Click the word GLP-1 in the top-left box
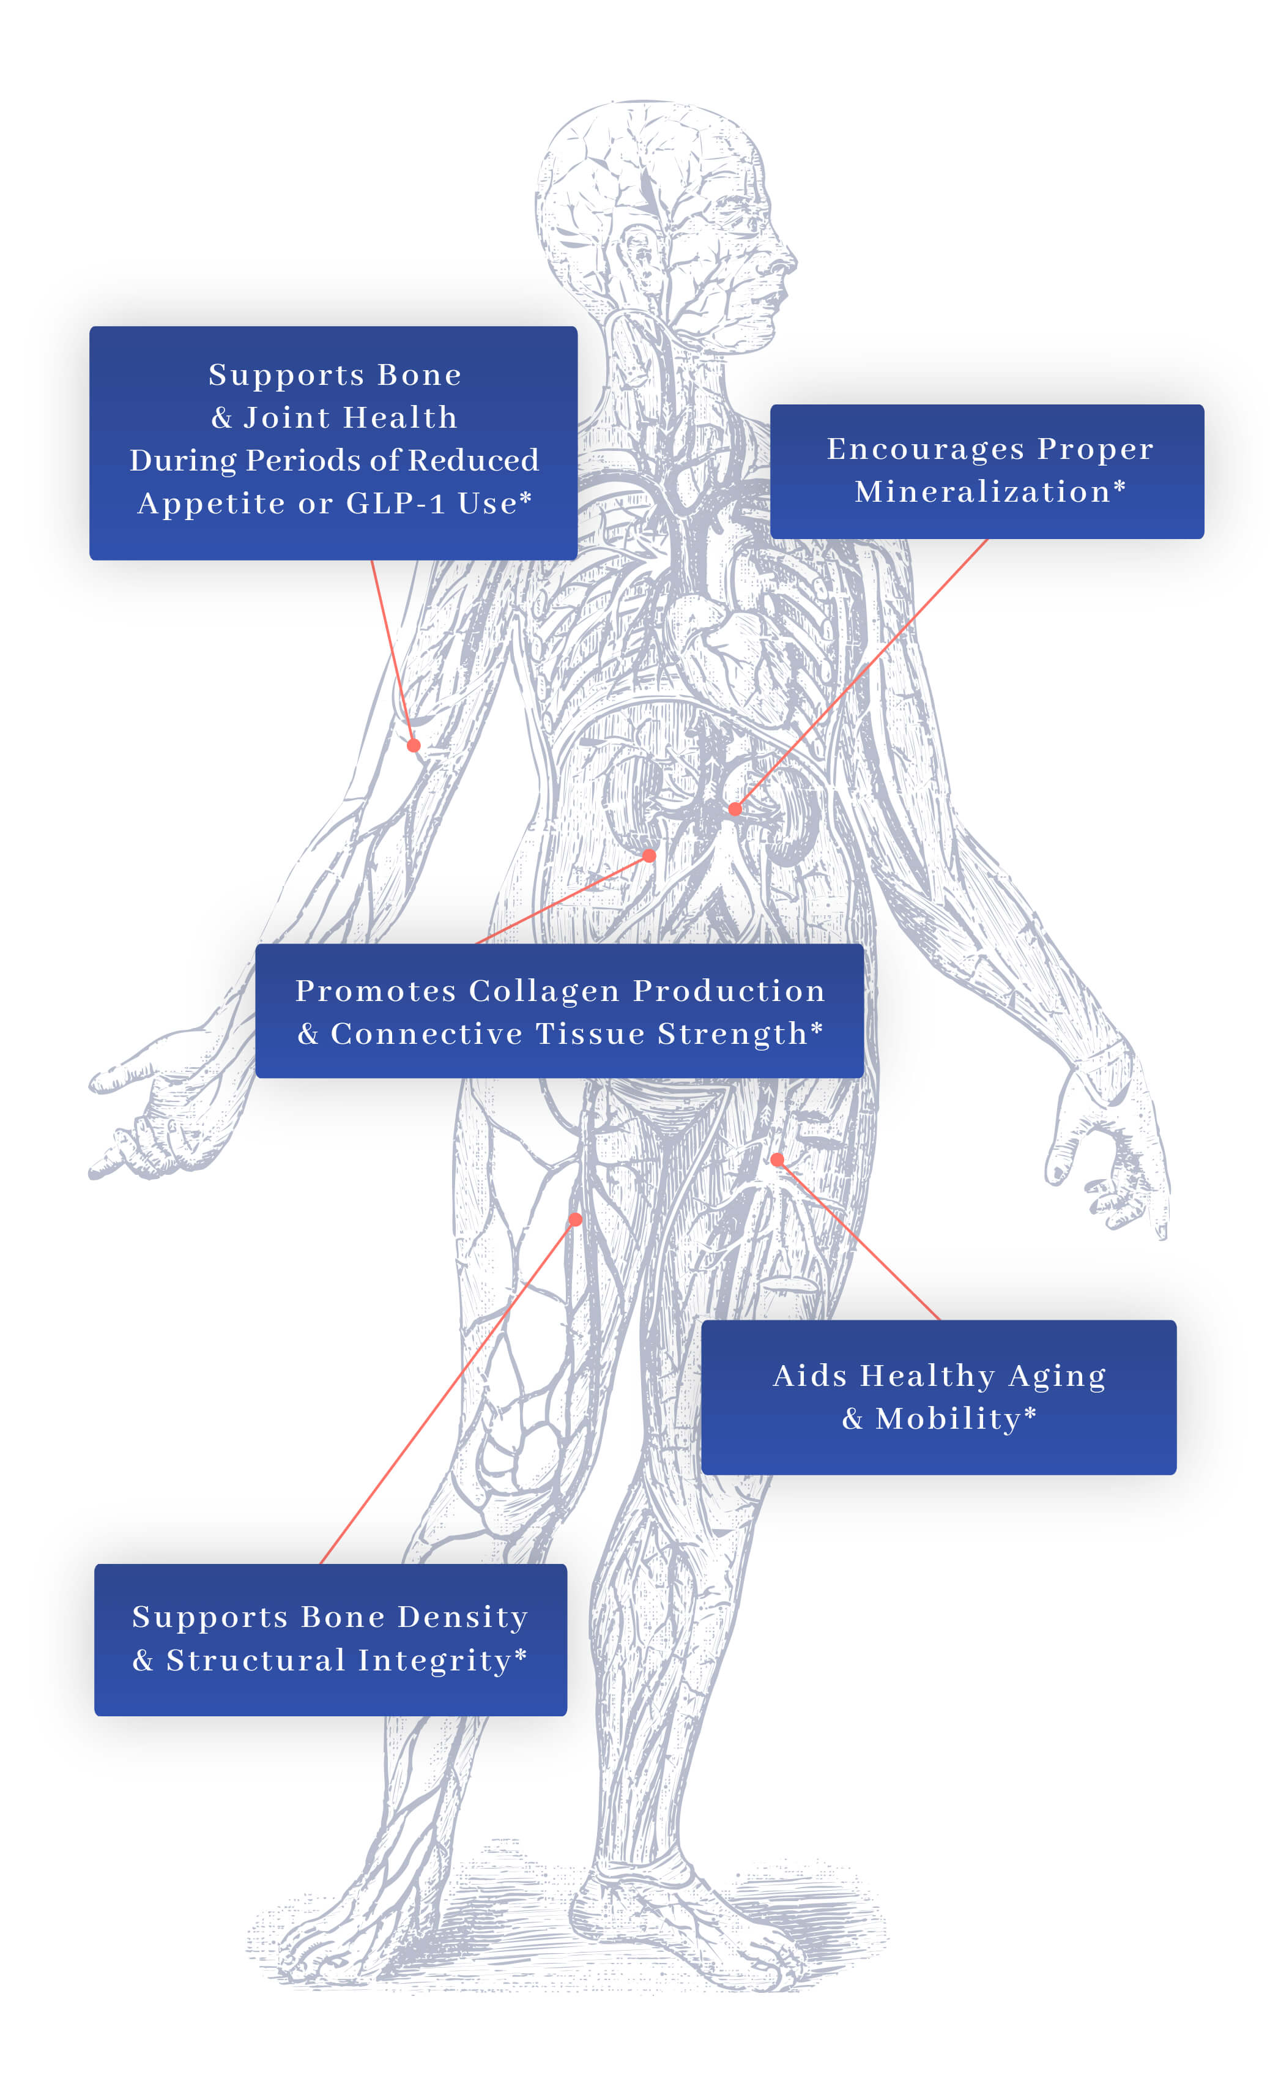click(395, 504)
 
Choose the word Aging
click(1057, 1376)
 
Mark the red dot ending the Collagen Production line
click(650, 856)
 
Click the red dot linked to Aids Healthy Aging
click(777, 1160)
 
